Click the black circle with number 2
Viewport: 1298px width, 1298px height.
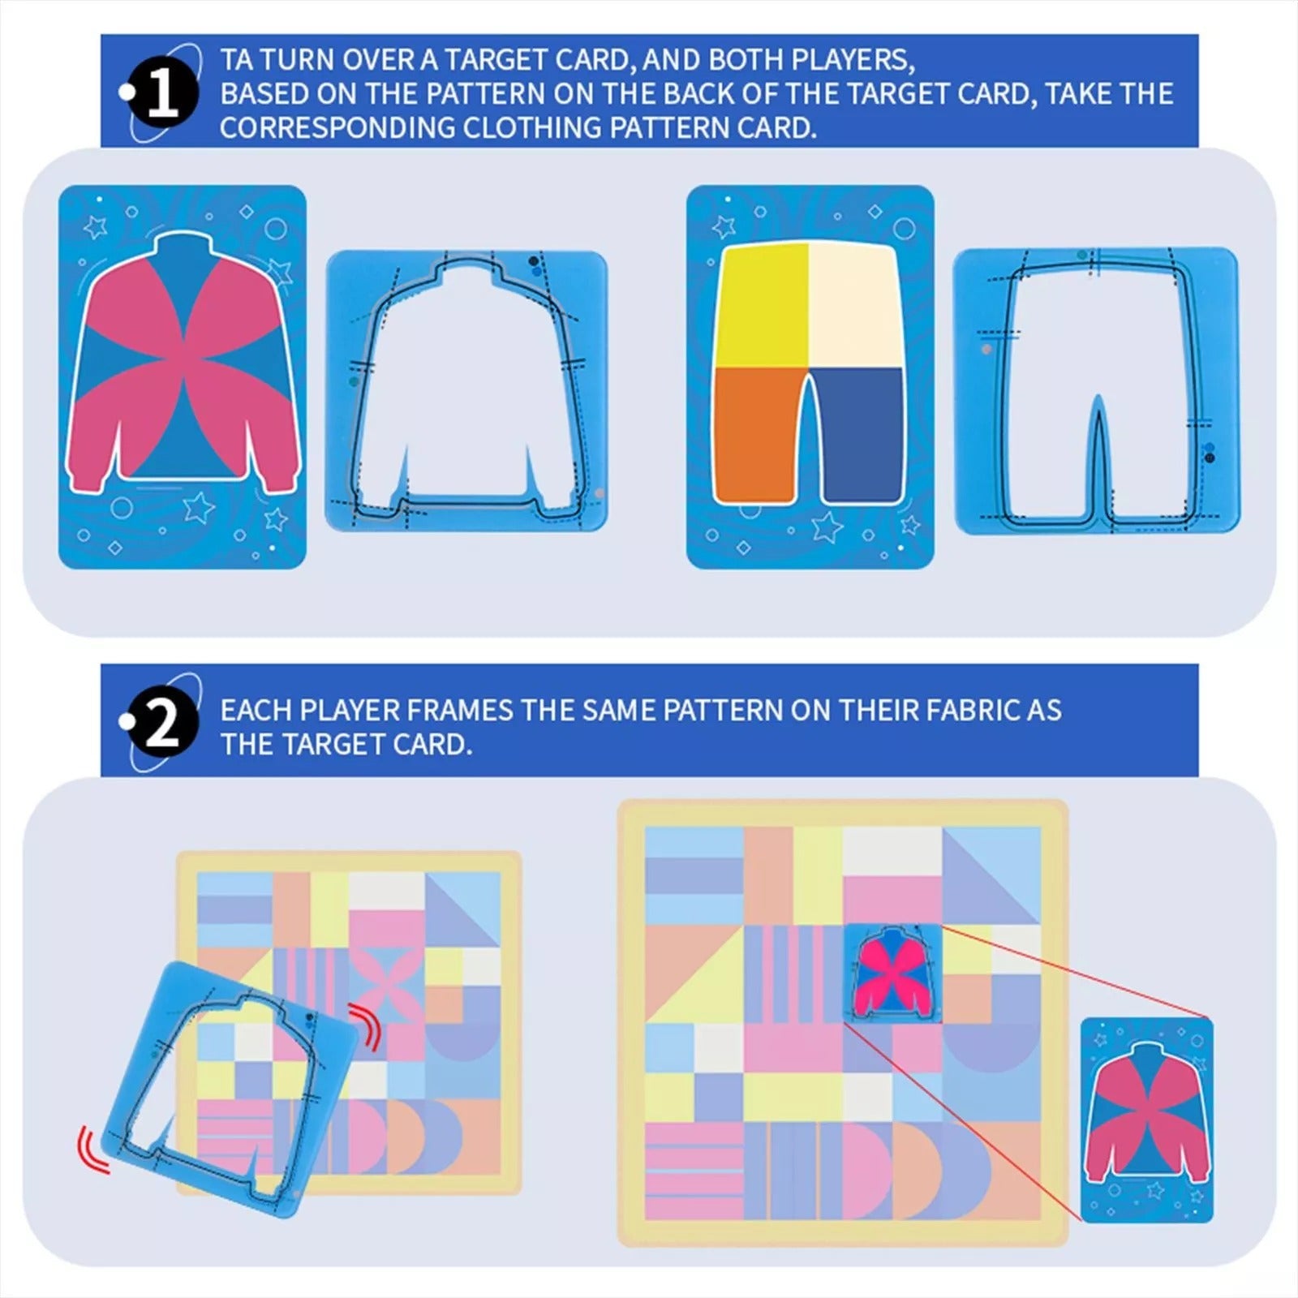pyautogui.click(x=163, y=725)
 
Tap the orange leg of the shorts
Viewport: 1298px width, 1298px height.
pyautogui.click(x=756, y=434)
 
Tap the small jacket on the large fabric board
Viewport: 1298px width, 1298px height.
pyautogui.click(x=892, y=973)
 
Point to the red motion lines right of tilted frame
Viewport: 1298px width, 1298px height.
pyautogui.click(x=367, y=1025)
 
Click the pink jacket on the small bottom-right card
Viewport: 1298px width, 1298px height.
pyautogui.click(x=1147, y=1111)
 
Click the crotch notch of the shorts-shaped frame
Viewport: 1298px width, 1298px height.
pyautogui.click(x=1098, y=422)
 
